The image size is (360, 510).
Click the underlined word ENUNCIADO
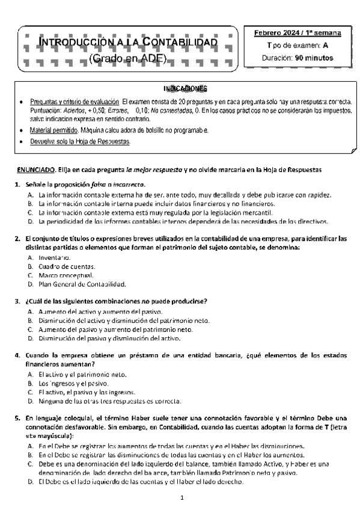(x=34, y=170)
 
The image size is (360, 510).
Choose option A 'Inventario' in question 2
(x=53, y=257)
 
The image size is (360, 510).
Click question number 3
(x=18, y=301)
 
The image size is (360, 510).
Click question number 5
(x=18, y=418)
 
